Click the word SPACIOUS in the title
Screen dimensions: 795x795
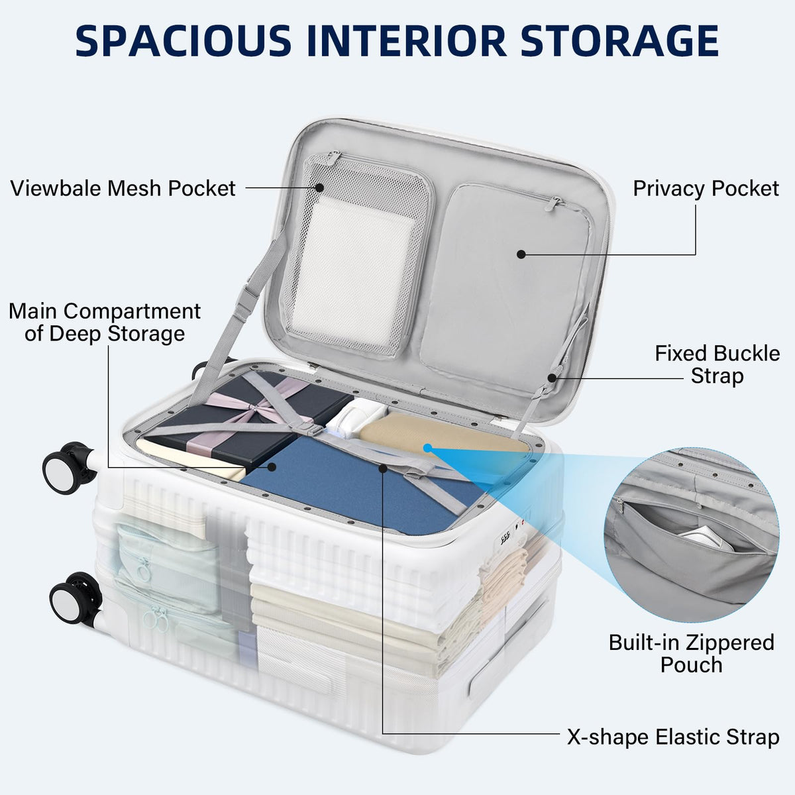tap(183, 41)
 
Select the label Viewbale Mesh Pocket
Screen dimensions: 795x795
tap(123, 189)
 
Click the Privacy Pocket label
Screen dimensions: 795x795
tap(706, 189)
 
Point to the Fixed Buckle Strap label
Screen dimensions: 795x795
tap(717, 364)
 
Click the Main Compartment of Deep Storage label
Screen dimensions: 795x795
tap(105, 322)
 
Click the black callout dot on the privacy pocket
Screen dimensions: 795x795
tap(521, 254)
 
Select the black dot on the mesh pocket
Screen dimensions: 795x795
tap(319, 187)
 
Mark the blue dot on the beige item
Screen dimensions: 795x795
tap(428, 448)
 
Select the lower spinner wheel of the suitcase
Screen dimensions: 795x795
tap(75, 598)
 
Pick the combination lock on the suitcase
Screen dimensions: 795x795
tap(510, 533)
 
